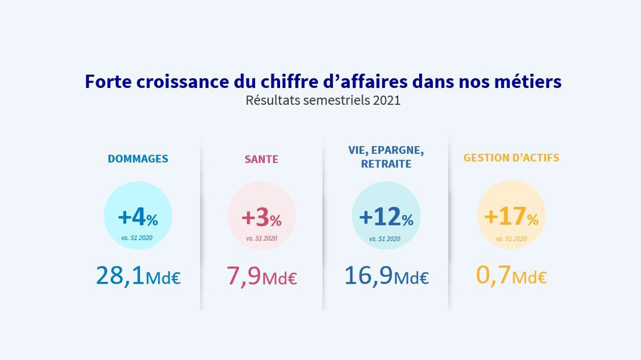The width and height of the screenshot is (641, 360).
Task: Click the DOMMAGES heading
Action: click(138, 158)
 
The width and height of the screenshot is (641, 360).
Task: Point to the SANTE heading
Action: click(261, 159)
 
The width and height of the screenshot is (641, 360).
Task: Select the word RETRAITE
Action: click(386, 164)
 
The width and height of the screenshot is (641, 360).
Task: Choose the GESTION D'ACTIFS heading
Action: click(511, 158)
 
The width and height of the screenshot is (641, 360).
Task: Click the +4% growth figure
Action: click(138, 217)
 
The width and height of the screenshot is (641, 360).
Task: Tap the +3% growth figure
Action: click(261, 218)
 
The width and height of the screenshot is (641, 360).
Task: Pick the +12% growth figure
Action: click(386, 217)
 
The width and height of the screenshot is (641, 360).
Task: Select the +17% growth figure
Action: click(511, 217)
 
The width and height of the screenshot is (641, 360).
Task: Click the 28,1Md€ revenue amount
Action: click(138, 276)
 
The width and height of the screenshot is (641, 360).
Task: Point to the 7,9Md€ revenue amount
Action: click(261, 276)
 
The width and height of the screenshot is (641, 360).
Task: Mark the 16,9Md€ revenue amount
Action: click(386, 276)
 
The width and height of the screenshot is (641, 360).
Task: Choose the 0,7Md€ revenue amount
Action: click(511, 276)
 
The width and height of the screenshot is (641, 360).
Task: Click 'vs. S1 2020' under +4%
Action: click(137, 238)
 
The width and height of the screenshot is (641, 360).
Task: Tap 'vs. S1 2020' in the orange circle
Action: click(511, 239)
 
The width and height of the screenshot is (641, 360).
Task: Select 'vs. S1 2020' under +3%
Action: click(261, 238)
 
